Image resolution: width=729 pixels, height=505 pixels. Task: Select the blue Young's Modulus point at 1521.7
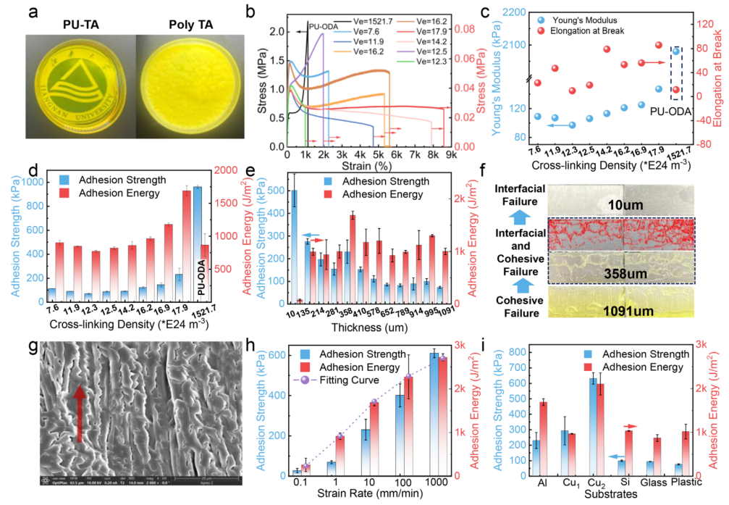pyautogui.click(x=676, y=51)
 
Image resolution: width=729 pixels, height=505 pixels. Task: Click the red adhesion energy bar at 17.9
pyautogui.click(x=186, y=246)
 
